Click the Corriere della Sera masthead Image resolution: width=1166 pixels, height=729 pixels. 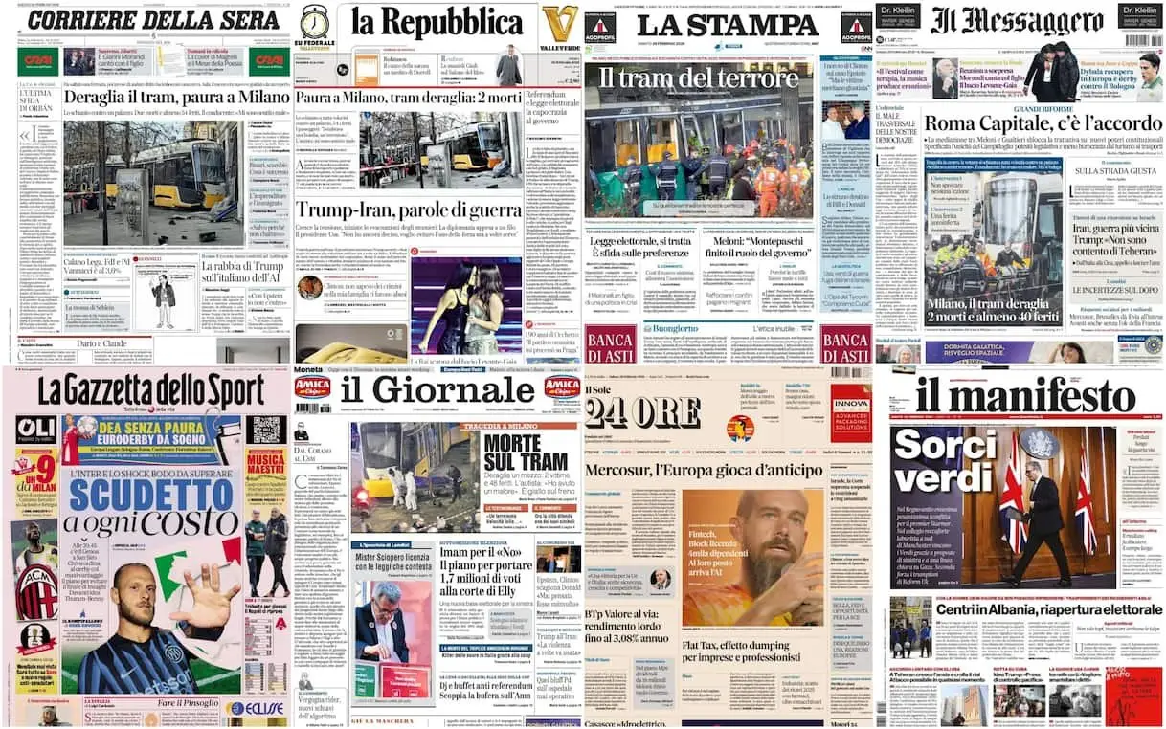[x=146, y=21]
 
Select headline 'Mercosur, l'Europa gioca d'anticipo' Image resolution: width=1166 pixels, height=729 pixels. [x=705, y=472]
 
